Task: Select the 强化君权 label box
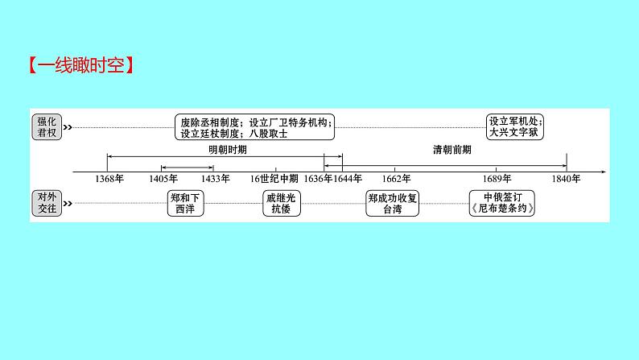[46, 127]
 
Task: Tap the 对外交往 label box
[46, 201]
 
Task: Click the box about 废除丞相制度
[254, 127]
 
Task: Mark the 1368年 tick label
[109, 179]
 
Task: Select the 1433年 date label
[215, 179]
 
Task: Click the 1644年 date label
[348, 179]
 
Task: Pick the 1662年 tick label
[396, 179]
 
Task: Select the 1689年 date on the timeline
[497, 179]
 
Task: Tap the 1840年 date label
[567, 179]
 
